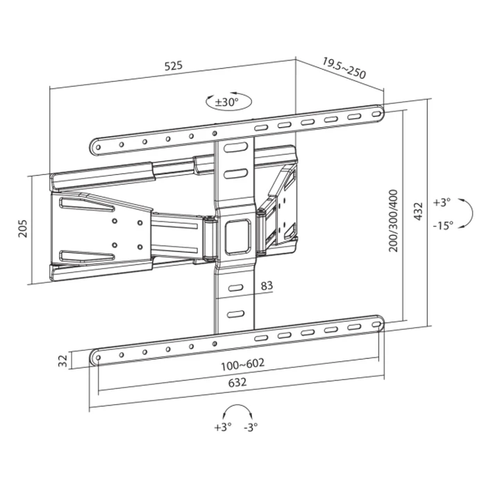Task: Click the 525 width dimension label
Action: pyautogui.click(x=173, y=66)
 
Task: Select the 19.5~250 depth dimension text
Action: pyautogui.click(x=344, y=69)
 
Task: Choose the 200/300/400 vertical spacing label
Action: pyautogui.click(x=394, y=220)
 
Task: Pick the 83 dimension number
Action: pyautogui.click(x=266, y=285)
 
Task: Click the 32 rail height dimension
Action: pyautogui.click(x=62, y=360)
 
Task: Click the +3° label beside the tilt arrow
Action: pyautogui.click(x=442, y=202)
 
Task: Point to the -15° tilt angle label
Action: pyautogui.click(x=442, y=224)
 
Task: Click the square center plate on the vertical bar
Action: pyautogui.click(x=235, y=235)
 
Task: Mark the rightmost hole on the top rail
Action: pyautogui.click(x=376, y=112)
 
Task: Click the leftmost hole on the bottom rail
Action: pyautogui.click(x=97, y=358)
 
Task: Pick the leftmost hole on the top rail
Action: pyautogui.click(x=98, y=146)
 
